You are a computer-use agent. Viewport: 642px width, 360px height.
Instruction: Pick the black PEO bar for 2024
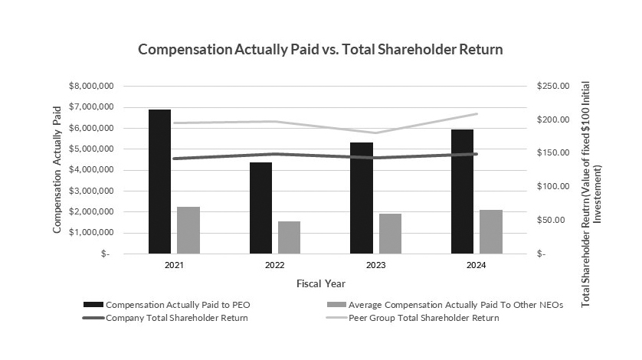click(462, 191)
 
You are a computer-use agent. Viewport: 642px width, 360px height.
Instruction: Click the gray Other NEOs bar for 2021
click(188, 230)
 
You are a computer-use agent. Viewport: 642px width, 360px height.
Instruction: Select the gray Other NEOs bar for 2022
click(289, 237)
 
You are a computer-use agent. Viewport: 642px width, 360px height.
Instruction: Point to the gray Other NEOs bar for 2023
click(390, 234)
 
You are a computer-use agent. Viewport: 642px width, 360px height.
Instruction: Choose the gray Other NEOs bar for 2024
click(491, 231)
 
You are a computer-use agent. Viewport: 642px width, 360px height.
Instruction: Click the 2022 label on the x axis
click(275, 264)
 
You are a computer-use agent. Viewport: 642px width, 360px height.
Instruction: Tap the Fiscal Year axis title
click(319, 283)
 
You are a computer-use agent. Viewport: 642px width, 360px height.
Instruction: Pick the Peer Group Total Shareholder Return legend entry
click(424, 318)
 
